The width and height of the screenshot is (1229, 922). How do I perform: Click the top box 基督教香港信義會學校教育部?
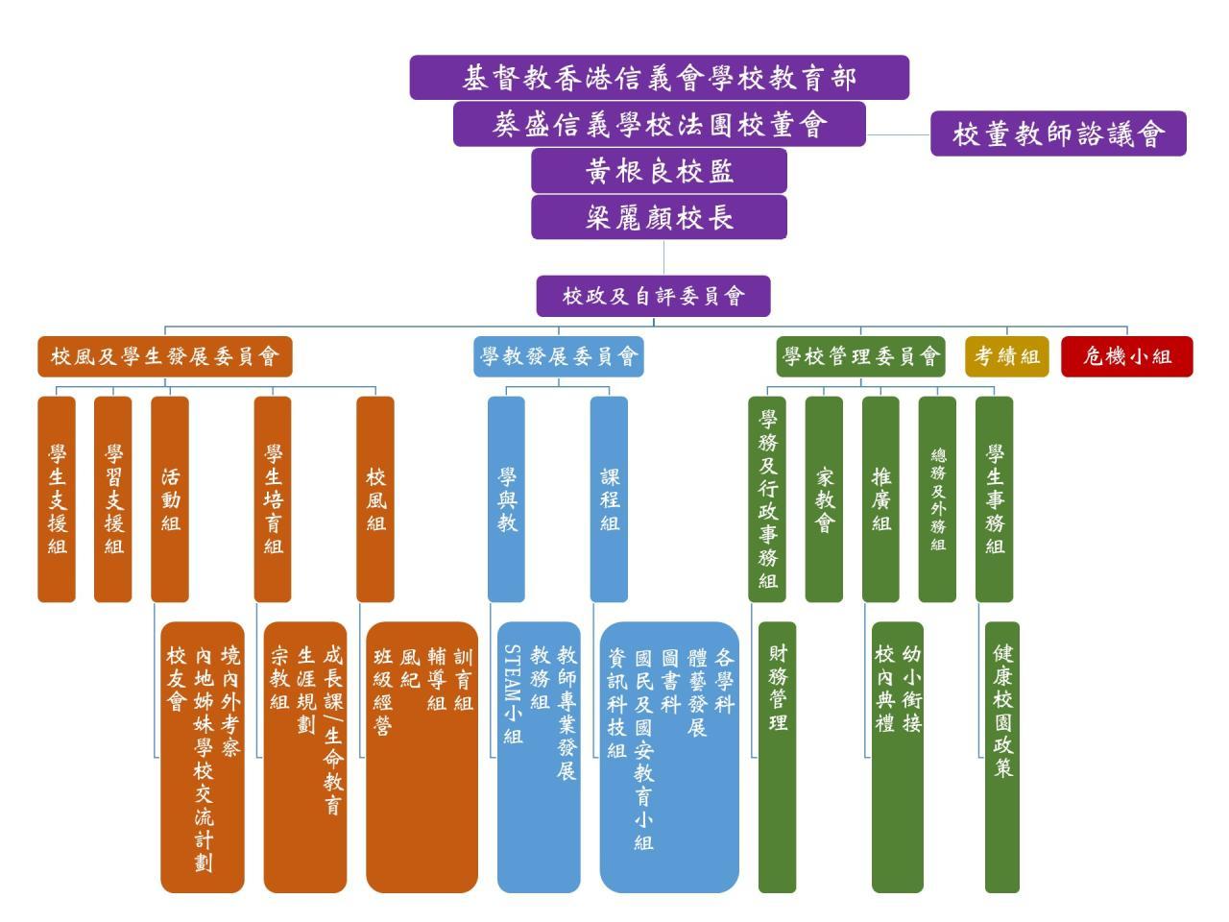click(659, 78)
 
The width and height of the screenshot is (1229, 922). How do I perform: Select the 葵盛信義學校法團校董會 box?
click(659, 124)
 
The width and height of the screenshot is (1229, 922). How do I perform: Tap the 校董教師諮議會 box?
click(1058, 133)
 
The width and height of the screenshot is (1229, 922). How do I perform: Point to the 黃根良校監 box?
click(659, 171)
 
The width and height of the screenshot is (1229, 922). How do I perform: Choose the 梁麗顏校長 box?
click(659, 217)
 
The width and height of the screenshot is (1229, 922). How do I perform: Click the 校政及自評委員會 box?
click(653, 296)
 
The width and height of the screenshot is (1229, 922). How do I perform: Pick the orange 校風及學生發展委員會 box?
click(164, 356)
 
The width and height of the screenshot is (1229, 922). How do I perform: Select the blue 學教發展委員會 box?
click(559, 356)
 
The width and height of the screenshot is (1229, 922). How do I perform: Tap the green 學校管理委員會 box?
click(860, 356)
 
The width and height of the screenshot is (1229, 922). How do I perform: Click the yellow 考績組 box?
click(1007, 356)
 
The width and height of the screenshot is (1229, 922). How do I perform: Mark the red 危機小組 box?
click(1126, 356)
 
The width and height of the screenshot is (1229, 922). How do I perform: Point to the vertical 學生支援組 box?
click(57, 499)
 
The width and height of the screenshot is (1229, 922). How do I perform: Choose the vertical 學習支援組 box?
click(113, 499)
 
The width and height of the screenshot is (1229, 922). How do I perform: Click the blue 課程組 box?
click(609, 499)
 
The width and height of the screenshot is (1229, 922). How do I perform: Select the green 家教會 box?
click(824, 499)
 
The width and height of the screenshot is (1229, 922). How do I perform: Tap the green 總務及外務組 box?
click(937, 499)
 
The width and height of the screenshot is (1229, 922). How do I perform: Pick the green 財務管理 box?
click(778, 757)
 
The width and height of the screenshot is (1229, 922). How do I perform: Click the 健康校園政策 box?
click(1002, 757)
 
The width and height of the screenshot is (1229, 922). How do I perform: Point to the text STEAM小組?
click(513, 693)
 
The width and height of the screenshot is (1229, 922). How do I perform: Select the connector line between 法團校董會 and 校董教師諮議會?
click(898, 134)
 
